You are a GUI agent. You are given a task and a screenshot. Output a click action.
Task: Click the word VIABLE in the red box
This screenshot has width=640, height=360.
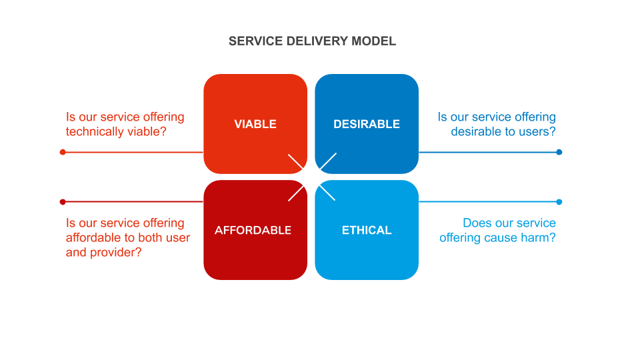coord(255,124)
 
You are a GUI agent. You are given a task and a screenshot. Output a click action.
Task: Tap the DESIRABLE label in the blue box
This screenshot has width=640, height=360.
coord(367,124)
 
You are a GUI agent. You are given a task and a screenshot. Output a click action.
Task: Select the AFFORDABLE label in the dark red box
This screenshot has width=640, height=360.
coord(253,230)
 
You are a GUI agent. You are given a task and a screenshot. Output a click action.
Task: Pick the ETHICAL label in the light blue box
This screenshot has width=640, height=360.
coord(367,230)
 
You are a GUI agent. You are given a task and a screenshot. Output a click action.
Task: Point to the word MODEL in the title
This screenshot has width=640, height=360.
coord(374,41)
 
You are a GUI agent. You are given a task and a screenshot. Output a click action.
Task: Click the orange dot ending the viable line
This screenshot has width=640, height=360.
coord(63,152)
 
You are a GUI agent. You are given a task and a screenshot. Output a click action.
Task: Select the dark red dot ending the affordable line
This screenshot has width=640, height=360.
coord(63,201)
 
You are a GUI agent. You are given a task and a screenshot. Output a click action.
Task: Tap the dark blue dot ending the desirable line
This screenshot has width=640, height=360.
coord(559,152)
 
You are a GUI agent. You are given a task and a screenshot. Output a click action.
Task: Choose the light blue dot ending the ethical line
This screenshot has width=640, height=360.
coord(559,201)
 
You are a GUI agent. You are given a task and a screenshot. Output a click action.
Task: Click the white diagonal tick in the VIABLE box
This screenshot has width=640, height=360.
coord(295,161)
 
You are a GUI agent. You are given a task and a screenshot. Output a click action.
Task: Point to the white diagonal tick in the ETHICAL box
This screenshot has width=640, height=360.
coord(326,193)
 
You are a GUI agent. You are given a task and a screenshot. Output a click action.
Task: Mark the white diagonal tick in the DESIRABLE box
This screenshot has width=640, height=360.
coord(327,161)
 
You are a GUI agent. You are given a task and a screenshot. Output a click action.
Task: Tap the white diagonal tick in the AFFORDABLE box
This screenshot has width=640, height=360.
coord(295,193)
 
